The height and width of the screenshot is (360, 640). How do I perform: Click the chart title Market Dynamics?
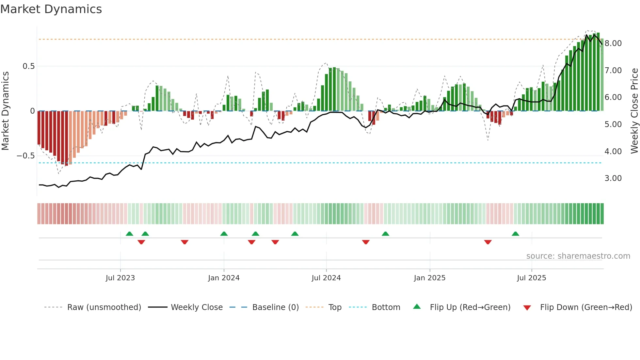[x=51, y=9]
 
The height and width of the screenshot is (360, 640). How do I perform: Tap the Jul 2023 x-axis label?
[x=120, y=278]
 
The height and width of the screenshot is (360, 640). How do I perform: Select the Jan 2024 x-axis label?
[x=224, y=278]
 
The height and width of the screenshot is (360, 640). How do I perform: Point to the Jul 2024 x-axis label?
[x=326, y=278]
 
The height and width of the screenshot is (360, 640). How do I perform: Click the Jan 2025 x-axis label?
[x=429, y=278]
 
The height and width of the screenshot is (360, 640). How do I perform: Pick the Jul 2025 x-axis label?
[x=531, y=278]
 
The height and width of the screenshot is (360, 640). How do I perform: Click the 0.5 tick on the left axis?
[x=28, y=66]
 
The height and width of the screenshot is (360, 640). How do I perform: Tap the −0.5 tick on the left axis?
[x=26, y=156]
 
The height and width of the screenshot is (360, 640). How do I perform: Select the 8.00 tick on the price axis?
[x=613, y=43]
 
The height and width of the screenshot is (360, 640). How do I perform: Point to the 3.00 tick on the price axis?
[x=613, y=178]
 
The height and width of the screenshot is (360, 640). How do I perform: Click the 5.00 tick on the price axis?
[x=613, y=124]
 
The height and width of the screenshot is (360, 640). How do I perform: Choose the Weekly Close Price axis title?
[x=634, y=111]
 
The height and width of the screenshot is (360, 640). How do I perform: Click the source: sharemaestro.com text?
[x=578, y=256]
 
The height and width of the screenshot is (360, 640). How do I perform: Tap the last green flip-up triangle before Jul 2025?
[x=515, y=234]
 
